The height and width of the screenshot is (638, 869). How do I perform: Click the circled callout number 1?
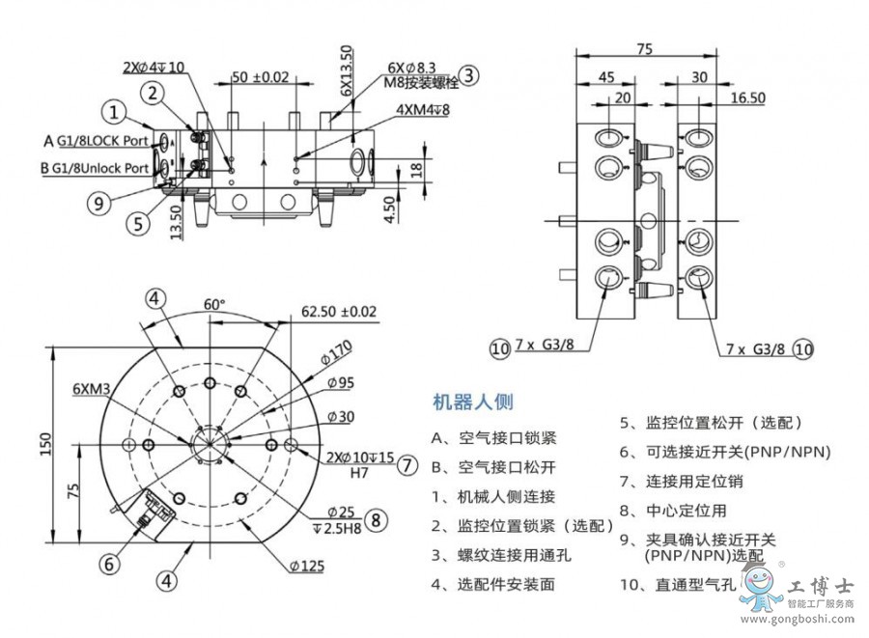114,113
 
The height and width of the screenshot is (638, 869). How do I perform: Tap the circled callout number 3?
467,76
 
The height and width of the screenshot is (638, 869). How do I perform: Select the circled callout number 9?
97,203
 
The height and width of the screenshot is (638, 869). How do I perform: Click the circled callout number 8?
376,519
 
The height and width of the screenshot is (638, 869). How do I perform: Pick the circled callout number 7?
406,464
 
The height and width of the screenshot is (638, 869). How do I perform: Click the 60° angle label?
213,303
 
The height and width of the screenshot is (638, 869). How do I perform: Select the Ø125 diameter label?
306,567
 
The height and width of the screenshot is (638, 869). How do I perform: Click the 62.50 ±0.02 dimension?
339,312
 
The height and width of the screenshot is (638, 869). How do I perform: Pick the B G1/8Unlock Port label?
95,167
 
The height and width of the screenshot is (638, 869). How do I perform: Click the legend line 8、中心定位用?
672,511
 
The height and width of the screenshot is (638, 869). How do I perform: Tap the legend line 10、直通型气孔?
681,584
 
